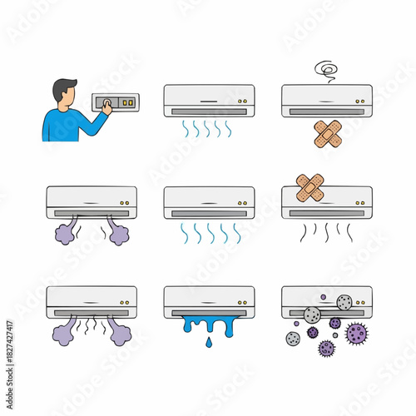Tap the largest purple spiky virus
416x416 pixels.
tap(356, 333)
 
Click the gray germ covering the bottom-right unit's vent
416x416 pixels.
tap(312, 314)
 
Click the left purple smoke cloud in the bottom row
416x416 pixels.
tap(66, 334)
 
